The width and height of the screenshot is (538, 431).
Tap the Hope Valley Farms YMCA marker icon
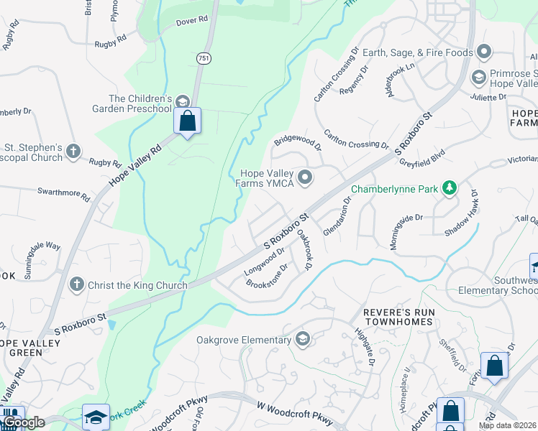(x=305, y=177)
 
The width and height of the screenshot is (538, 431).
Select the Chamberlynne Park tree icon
(x=450, y=188)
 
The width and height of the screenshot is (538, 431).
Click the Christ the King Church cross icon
(x=76, y=284)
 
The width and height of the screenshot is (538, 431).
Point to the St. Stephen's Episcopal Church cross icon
(x=73, y=152)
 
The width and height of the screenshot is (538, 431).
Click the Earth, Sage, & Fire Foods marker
(x=484, y=52)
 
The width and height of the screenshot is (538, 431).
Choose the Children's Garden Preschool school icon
(x=182, y=102)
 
